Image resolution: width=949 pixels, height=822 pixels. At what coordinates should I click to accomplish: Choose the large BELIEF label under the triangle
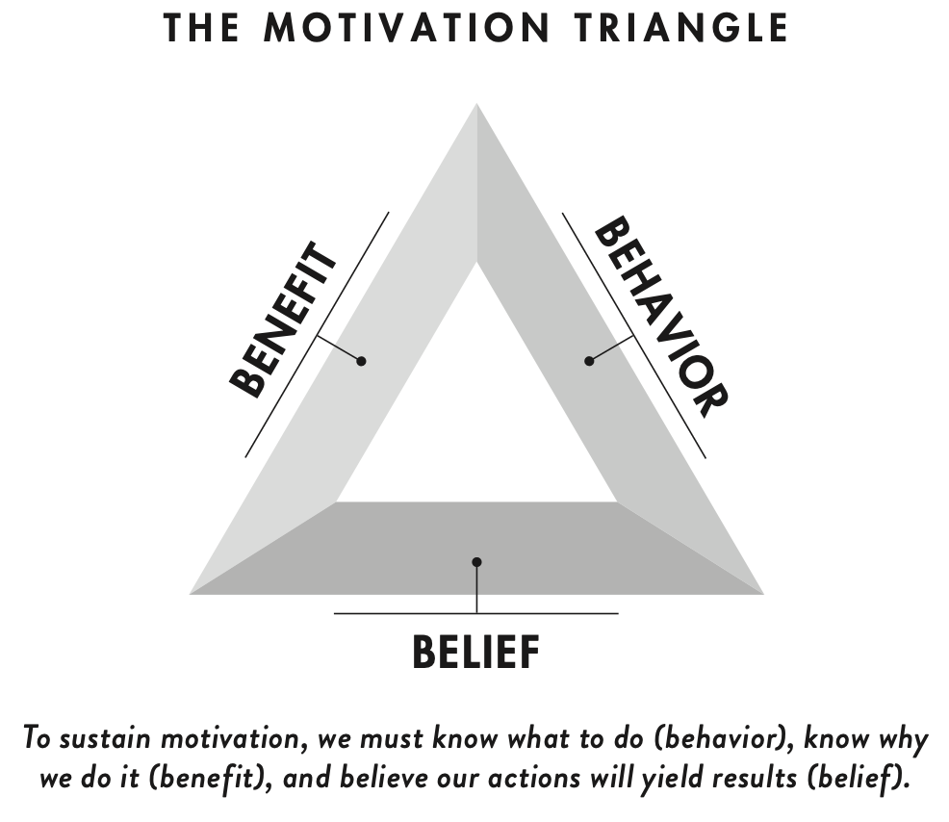(475, 653)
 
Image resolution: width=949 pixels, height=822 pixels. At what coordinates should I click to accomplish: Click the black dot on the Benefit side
(361, 361)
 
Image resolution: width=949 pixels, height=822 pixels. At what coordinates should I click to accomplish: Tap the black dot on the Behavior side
(589, 360)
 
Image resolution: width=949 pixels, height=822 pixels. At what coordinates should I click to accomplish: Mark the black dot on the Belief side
(476, 562)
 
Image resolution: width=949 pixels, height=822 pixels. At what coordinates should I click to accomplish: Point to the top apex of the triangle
(476, 108)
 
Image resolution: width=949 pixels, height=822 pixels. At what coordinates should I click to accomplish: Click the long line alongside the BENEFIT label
(318, 334)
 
